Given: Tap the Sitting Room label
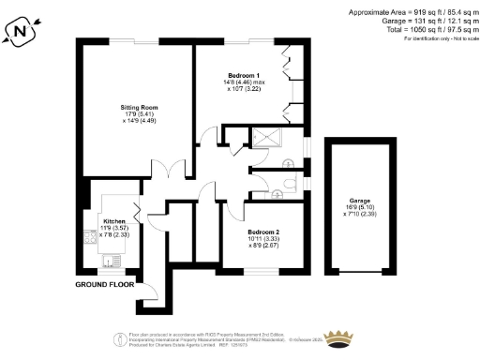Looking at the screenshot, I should pyautogui.click(x=138, y=108).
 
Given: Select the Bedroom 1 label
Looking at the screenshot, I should pyautogui.click(x=244, y=74).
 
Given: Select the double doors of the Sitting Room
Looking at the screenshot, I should pyautogui.click(x=168, y=170).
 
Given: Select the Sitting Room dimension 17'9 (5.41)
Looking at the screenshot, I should pyautogui.click(x=138, y=115).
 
